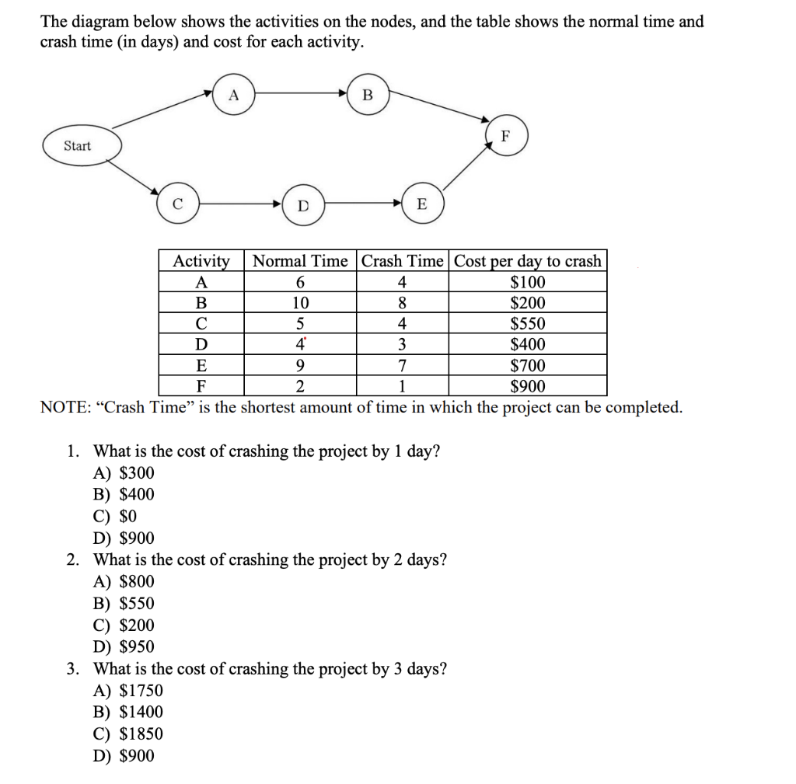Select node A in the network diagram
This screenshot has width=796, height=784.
click(233, 95)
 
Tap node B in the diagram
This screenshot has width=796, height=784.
click(368, 95)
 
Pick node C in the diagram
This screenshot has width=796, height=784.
click(177, 204)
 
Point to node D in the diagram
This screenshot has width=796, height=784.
click(303, 205)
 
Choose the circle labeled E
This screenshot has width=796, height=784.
click(421, 204)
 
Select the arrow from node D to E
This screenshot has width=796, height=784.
click(362, 204)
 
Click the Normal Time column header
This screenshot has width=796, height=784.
click(300, 261)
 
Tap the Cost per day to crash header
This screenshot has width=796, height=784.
click(528, 261)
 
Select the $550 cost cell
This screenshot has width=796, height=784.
click(528, 324)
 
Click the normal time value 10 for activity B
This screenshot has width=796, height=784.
click(300, 303)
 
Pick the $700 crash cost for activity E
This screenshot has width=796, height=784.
click(528, 366)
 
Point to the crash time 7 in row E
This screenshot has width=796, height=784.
click(402, 366)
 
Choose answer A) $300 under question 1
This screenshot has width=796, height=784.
click(124, 473)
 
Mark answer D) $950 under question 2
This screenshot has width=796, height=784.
click(124, 646)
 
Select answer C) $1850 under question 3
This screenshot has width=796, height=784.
click(128, 733)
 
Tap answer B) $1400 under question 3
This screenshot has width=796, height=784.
click(128, 712)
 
